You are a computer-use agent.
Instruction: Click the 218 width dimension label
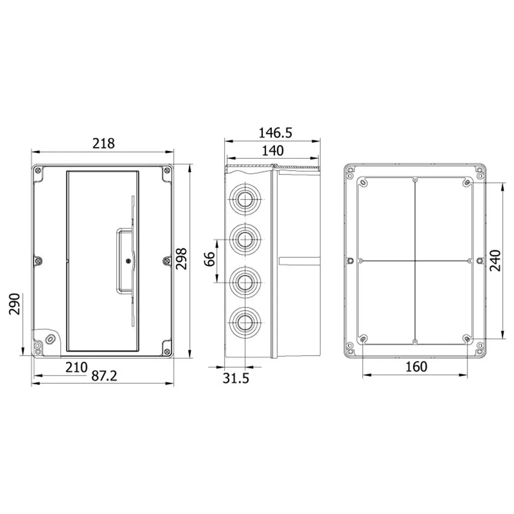click(x=103, y=143)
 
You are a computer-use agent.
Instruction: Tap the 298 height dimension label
click(x=181, y=259)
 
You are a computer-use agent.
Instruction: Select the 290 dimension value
click(x=14, y=304)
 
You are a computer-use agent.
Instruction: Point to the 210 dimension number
click(x=77, y=367)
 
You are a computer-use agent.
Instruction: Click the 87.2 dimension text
click(x=104, y=376)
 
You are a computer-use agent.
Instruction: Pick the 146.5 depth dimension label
click(x=276, y=133)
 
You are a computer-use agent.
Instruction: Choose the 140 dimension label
click(x=273, y=151)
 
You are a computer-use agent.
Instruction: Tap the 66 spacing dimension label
click(x=210, y=259)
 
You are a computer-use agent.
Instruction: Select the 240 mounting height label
click(x=495, y=261)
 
